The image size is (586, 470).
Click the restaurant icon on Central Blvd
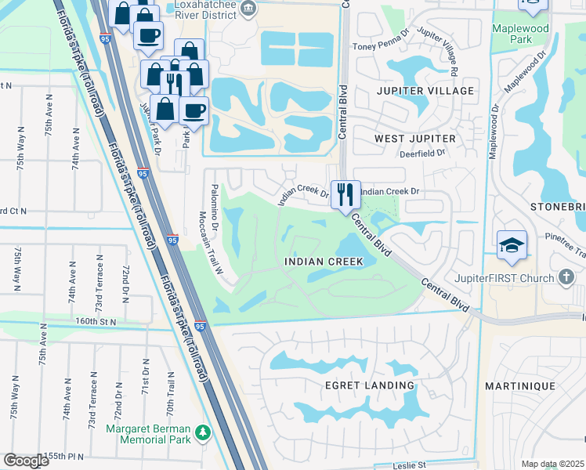[x=345, y=193]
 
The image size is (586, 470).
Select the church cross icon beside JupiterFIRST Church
[x=567, y=277]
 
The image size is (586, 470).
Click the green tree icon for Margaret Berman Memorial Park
[x=204, y=432]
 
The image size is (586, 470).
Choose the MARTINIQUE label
[x=530, y=386]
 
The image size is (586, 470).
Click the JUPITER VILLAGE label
[x=425, y=91]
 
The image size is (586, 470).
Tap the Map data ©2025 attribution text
[x=552, y=464]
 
